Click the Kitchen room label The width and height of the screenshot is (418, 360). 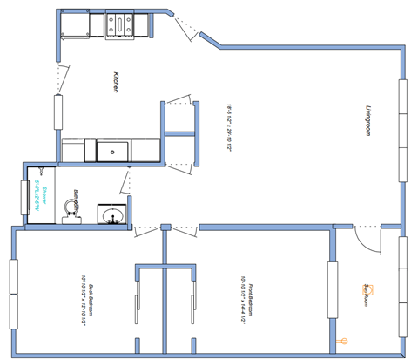pyautogui.click(x=114, y=82)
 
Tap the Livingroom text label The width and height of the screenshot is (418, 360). pyautogui.click(x=368, y=121)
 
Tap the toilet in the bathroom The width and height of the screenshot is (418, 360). pyautogui.click(x=74, y=210)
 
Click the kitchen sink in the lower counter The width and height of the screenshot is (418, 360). pyautogui.click(x=111, y=152)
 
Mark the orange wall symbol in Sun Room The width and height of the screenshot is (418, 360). pyautogui.click(x=342, y=341)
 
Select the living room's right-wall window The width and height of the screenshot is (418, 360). pyautogui.click(x=403, y=131)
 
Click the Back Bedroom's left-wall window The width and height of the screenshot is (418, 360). pyautogui.click(x=12, y=294)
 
